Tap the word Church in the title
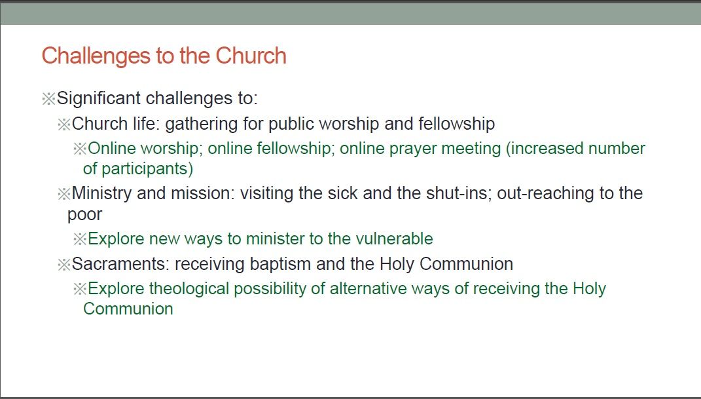pyautogui.click(x=251, y=56)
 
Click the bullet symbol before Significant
pyautogui.click(x=48, y=98)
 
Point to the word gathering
pyautogui.click(x=201, y=124)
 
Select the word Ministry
pyautogui.click(x=101, y=194)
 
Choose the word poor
pyautogui.click(x=84, y=215)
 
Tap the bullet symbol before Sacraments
pyautogui.click(x=64, y=265)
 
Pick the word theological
pyautogui.click(x=189, y=289)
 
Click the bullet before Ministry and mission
pyautogui.click(x=64, y=194)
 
